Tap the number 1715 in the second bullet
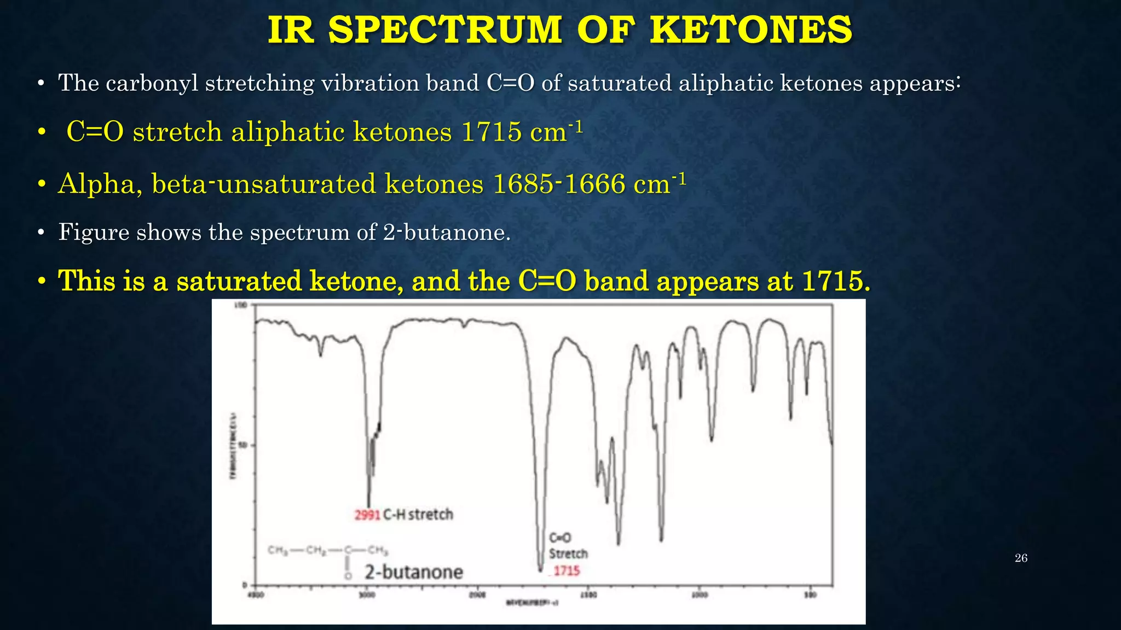point(492,132)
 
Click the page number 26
point(1021,558)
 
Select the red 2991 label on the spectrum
point(367,515)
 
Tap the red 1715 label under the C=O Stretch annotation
point(566,571)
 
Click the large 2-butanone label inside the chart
point(414,572)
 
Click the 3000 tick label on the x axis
point(367,595)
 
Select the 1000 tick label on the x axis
point(700,595)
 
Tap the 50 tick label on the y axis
point(244,445)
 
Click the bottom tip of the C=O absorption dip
point(540,570)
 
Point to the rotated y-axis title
point(233,445)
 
